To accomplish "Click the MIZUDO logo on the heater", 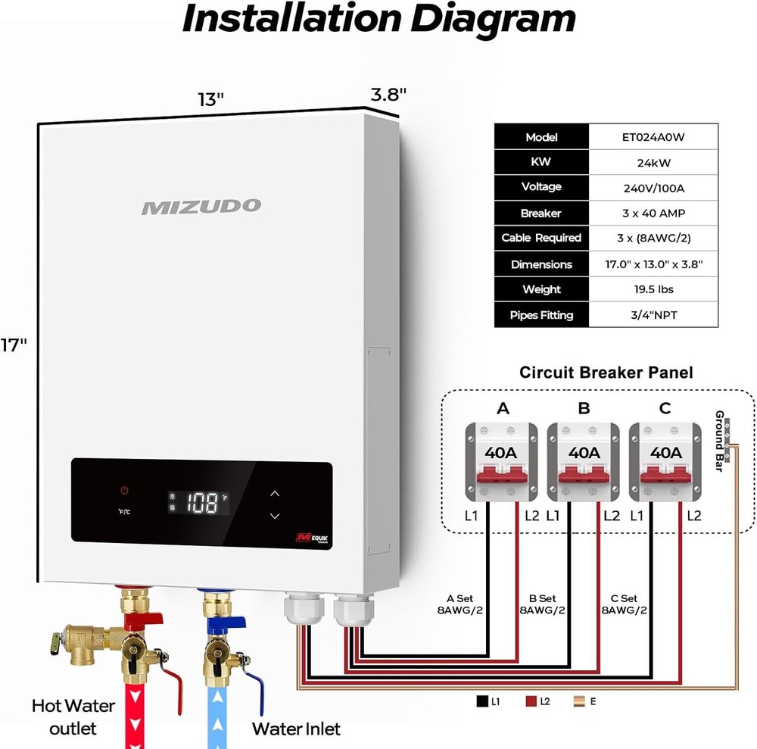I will click(201, 206).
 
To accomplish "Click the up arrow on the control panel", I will click(275, 493).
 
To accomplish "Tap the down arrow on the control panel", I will click(275, 516).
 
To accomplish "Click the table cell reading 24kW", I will click(654, 162).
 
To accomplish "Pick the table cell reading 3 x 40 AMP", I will click(654, 213).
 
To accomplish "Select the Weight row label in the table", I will click(541, 289).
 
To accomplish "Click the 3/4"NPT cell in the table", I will click(654, 315).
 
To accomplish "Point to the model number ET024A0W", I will click(654, 137).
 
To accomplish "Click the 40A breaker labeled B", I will click(584, 462).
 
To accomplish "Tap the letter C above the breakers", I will click(665, 409).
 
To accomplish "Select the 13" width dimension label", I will click(210, 99).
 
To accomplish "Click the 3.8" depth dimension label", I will click(388, 95).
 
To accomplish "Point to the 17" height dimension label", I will click(13, 345).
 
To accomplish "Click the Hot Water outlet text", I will click(73, 716).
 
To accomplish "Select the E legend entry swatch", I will click(578, 702).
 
